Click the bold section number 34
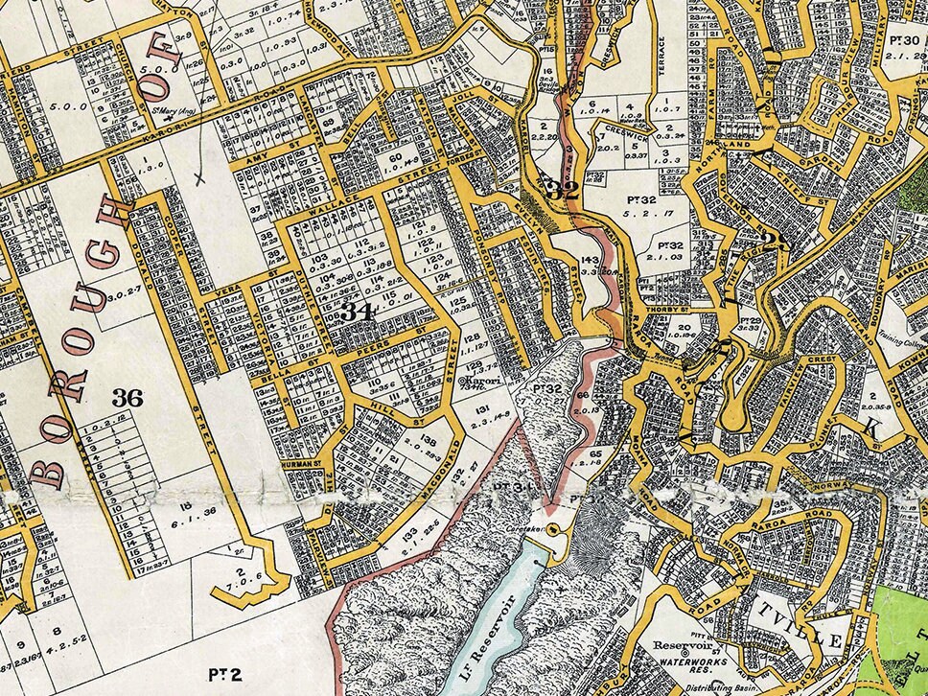click(x=357, y=312)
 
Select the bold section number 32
click(x=562, y=189)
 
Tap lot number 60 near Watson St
click(x=396, y=156)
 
